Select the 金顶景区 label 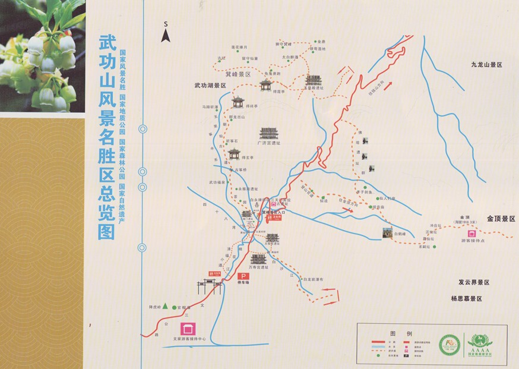[x=501, y=219]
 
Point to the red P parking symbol [x=242, y=277]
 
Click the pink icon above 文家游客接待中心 [x=189, y=329]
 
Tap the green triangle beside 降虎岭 [x=166, y=307]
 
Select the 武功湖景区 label [x=210, y=86]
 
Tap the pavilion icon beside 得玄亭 [x=234, y=154]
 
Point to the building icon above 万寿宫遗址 [x=258, y=259]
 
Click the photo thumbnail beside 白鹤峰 [x=388, y=232]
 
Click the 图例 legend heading [x=397, y=333]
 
